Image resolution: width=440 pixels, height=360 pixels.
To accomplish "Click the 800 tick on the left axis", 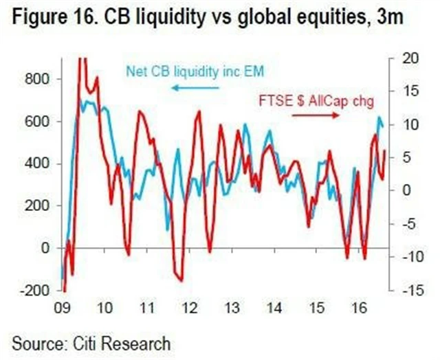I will pyautogui.click(x=37, y=79).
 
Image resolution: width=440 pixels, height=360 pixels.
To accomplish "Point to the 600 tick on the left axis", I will pyautogui.click(x=37, y=122).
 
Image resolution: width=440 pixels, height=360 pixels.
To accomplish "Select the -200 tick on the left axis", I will pyautogui.click(x=34, y=291).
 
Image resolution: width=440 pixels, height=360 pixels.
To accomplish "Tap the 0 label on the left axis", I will pyautogui.click(x=45, y=248).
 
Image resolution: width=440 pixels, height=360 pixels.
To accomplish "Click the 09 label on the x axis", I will pyautogui.click(x=63, y=308).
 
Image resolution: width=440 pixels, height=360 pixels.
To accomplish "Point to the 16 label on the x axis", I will pyautogui.click(x=358, y=308).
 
